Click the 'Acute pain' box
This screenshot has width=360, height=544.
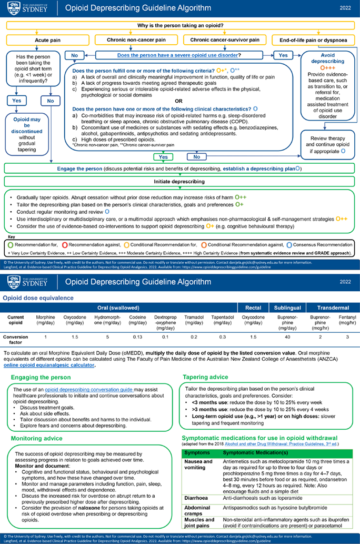point(48,40)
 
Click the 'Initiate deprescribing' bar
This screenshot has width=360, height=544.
point(179,181)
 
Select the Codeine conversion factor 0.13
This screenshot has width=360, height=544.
point(138,336)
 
